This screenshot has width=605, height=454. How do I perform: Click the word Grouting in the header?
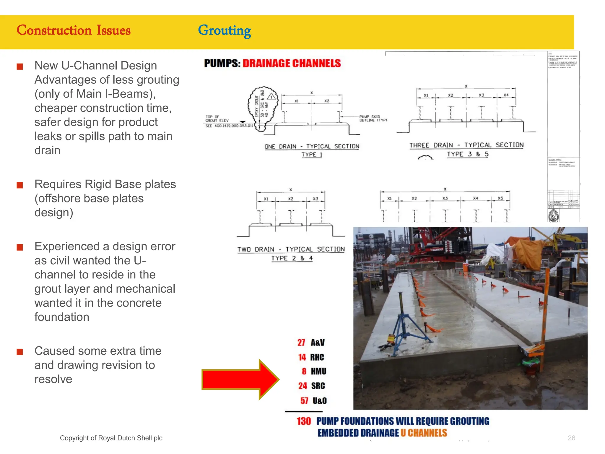click(224, 30)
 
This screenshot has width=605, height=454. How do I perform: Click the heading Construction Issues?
click(74, 30)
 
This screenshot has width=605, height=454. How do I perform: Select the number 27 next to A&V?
click(301, 343)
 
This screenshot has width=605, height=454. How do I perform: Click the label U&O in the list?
click(320, 401)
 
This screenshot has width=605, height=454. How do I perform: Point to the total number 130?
click(304, 421)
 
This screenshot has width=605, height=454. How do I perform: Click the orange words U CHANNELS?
click(424, 433)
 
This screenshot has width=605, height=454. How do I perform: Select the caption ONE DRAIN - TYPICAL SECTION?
click(312, 146)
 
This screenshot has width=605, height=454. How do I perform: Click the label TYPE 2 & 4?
click(292, 258)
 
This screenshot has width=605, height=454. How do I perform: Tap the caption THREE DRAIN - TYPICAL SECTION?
click(466, 145)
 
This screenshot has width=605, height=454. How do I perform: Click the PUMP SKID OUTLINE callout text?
click(373, 119)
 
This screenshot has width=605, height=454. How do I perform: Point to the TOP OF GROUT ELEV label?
click(217, 119)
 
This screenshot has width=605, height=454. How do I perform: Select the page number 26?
click(571, 438)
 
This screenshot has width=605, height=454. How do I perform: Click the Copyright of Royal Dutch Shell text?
click(111, 438)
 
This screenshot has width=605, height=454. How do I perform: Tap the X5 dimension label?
click(500, 198)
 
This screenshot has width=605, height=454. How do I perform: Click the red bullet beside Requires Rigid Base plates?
click(20, 185)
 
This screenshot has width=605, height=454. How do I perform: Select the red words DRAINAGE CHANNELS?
click(292, 64)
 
